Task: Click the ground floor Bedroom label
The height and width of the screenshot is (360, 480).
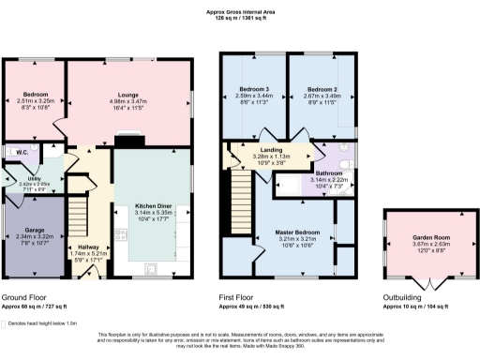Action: pyautogui.click(x=36, y=95)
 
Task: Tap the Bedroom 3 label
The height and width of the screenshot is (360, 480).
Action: pyautogui.click(x=253, y=90)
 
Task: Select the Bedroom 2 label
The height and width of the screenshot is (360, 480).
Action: pyautogui.click(x=321, y=90)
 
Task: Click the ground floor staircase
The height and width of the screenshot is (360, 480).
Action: pyautogui.click(x=82, y=201)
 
